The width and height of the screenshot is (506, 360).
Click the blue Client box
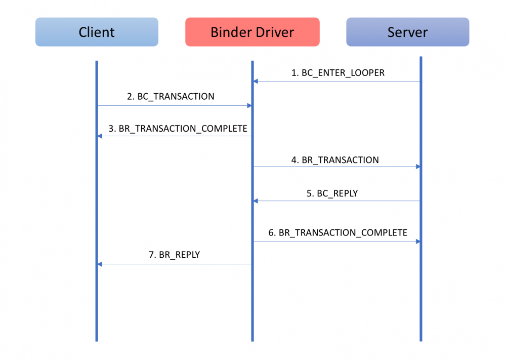(97, 32)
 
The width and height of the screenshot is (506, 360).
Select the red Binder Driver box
(252, 32)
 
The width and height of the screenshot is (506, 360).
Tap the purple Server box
(407, 32)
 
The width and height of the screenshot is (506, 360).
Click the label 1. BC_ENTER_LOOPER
(338, 73)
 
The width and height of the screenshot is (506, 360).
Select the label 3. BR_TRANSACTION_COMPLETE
(178, 129)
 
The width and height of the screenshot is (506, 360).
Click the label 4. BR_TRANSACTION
(335, 160)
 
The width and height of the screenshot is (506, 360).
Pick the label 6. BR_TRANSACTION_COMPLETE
(338, 233)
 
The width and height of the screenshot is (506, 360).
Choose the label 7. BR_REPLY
(175, 255)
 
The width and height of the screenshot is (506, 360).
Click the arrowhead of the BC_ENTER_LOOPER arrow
(256, 81)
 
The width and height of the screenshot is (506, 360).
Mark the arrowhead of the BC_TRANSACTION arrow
(249, 105)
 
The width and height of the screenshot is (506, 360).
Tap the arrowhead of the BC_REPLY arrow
(256, 201)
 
